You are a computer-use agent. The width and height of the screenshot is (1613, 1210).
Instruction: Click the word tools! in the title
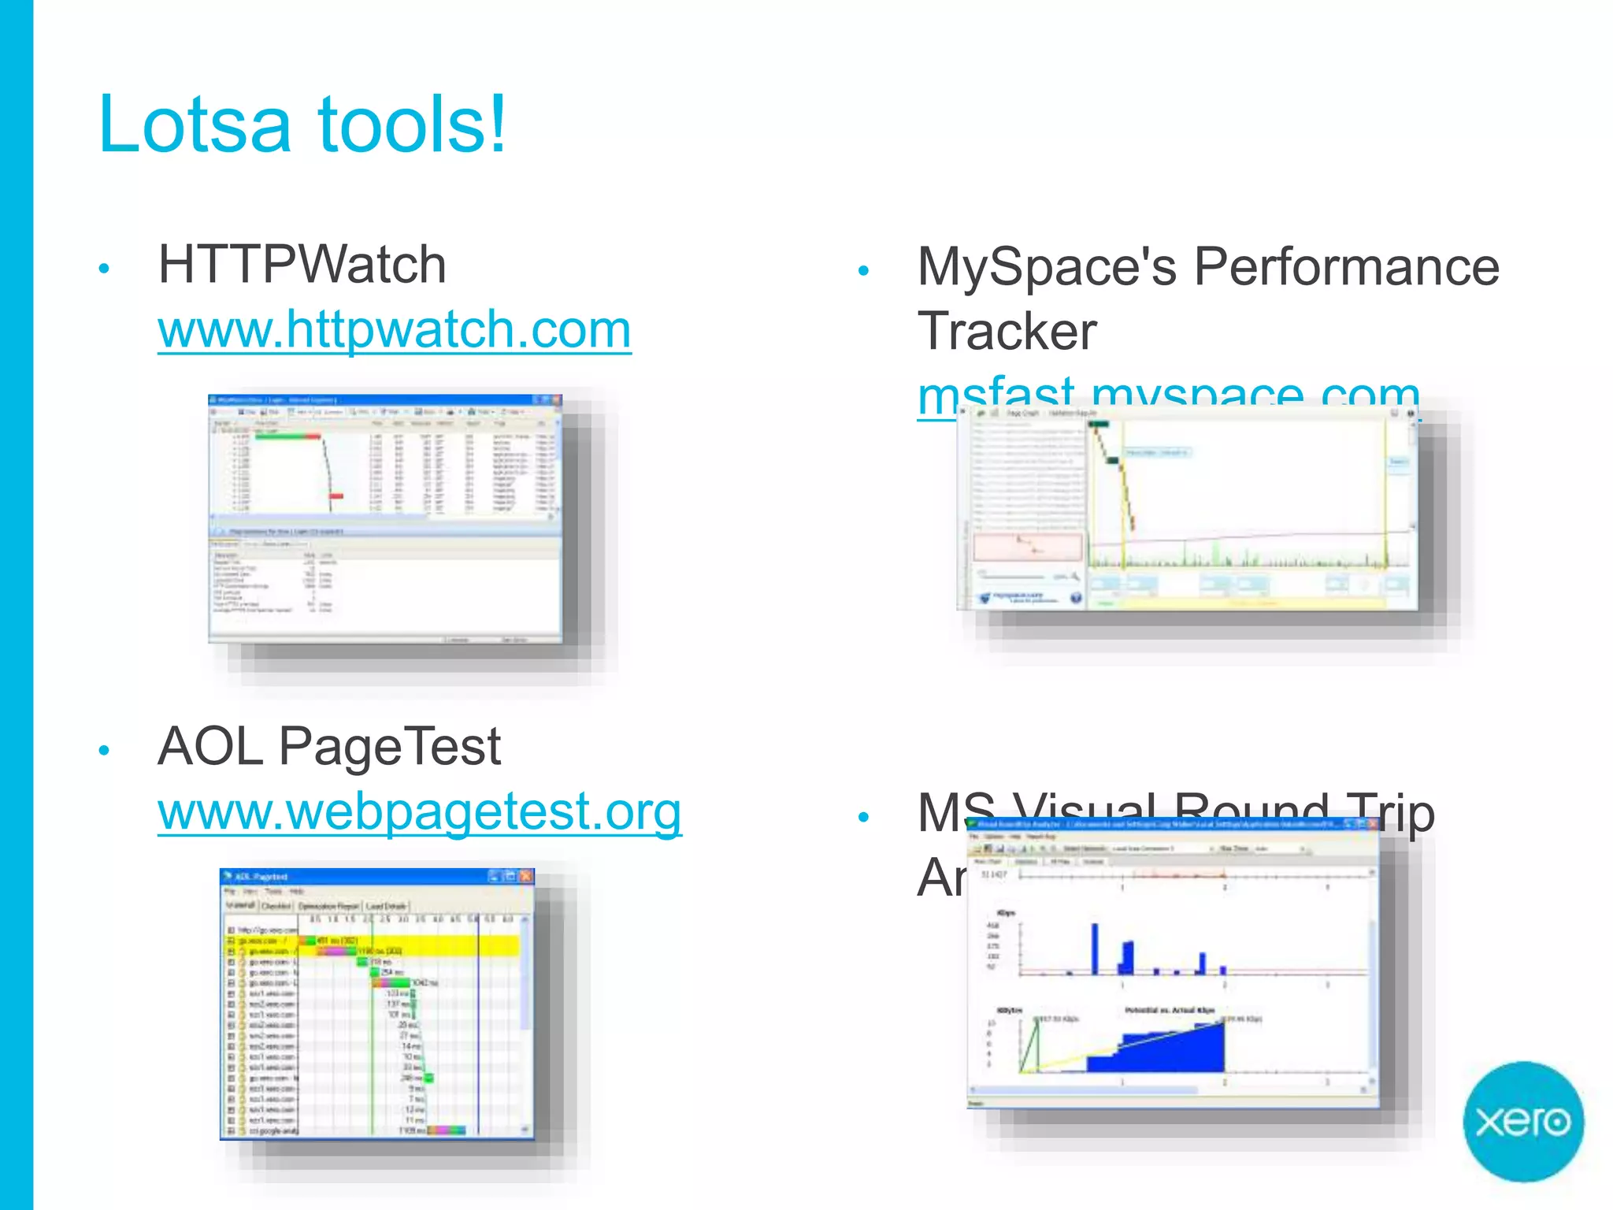[411, 124]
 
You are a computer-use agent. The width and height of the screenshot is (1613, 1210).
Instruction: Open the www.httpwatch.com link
[394, 328]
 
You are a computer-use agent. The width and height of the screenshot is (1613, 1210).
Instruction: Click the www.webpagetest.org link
[419, 811]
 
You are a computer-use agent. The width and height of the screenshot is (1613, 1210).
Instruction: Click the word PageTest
[390, 746]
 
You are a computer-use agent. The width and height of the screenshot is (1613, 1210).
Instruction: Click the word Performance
[1346, 266]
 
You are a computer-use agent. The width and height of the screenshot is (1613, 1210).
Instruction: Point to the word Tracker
[1007, 331]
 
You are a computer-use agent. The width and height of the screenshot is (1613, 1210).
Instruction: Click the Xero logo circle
[1522, 1121]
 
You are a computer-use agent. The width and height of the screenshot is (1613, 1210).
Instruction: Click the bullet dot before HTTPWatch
[104, 269]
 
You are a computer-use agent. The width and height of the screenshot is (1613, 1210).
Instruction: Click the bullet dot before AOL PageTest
[104, 751]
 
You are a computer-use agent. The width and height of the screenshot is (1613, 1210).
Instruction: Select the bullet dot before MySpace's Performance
[863, 271]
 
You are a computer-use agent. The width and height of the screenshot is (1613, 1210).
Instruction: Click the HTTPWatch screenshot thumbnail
[384, 518]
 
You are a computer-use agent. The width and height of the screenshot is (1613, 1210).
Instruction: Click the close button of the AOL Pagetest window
[526, 876]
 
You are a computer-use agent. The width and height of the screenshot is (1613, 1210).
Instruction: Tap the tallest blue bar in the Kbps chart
[1095, 948]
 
